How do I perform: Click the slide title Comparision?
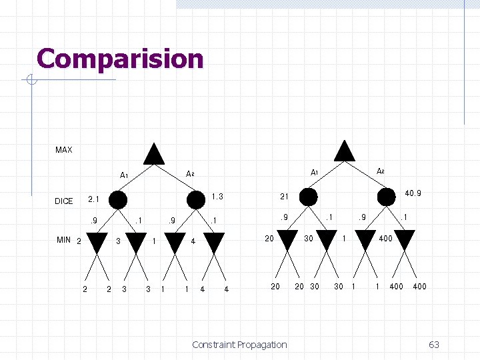coord(120,59)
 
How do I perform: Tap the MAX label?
coord(64,150)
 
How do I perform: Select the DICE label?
coord(64,201)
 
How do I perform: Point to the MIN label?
coord(64,240)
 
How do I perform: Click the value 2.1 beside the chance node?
coord(94,199)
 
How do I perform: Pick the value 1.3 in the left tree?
coord(217,197)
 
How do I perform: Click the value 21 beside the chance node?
coord(284,197)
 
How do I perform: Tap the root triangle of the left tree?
coord(154,154)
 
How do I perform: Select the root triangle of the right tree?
coord(344,151)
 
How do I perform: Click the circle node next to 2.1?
coord(118,199)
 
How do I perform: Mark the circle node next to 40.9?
coord(386,197)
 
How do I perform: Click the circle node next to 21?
coord(309,197)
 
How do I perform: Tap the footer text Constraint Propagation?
coord(239,345)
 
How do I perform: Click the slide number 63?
coord(434,345)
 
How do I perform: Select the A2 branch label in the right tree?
coord(381,171)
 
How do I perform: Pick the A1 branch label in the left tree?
coord(124,176)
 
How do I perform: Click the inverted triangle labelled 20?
coord(287,240)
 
